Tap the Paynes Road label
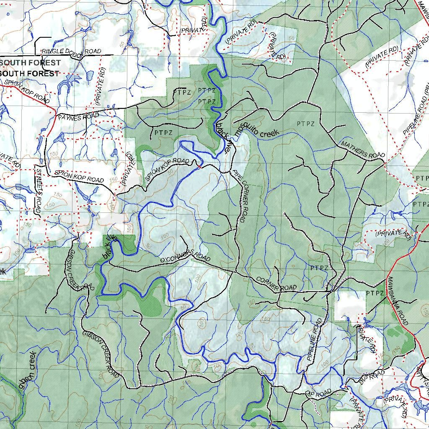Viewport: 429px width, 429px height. pyautogui.click(x=78, y=116)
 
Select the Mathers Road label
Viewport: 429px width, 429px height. pyautogui.click(x=362, y=150)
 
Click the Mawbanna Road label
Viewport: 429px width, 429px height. pyautogui.click(x=397, y=300)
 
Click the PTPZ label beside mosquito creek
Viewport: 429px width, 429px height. pyautogui.click(x=305, y=124)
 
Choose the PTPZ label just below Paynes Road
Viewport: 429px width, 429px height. pyautogui.click(x=163, y=132)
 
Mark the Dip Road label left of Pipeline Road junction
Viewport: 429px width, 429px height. pyautogui.click(x=318, y=393)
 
